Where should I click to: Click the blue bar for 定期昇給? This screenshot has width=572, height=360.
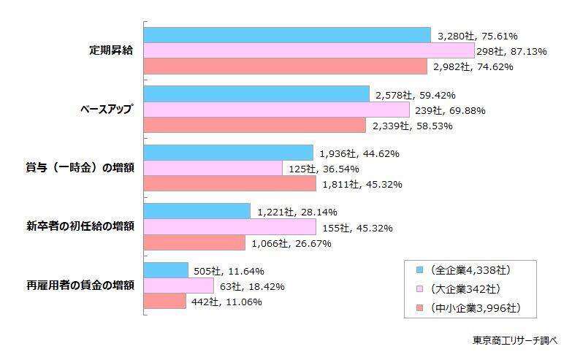[287, 35]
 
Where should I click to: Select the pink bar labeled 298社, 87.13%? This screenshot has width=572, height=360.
[309, 50]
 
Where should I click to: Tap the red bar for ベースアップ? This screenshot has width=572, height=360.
[254, 126]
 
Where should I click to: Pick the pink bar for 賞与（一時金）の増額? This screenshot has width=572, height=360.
[213, 168]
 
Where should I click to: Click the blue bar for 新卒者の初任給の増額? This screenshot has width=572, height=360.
[197, 211]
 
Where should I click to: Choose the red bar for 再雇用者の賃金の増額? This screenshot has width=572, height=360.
[165, 301]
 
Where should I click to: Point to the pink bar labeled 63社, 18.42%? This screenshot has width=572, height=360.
[179, 286]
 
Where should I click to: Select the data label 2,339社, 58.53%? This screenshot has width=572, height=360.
[412, 126]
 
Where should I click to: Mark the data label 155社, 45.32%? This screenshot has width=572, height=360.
[362, 228]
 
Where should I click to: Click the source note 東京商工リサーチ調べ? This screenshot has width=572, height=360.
[514, 340]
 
